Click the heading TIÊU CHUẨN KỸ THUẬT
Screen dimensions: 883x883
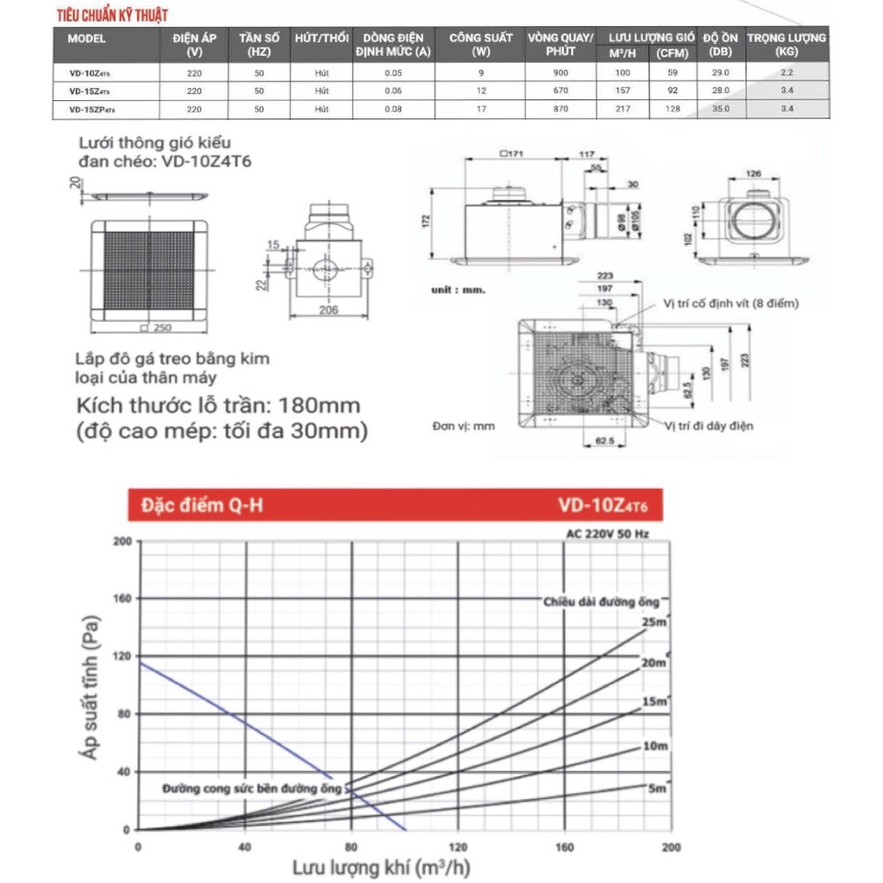click(113, 16)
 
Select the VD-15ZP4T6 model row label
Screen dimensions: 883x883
click(91, 109)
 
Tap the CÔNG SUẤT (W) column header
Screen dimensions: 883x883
click(480, 44)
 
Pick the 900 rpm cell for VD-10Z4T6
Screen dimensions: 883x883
click(560, 73)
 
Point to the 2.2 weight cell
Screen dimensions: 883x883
click(786, 73)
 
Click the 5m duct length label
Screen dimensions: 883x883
click(657, 788)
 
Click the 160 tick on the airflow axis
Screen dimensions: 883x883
click(564, 846)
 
